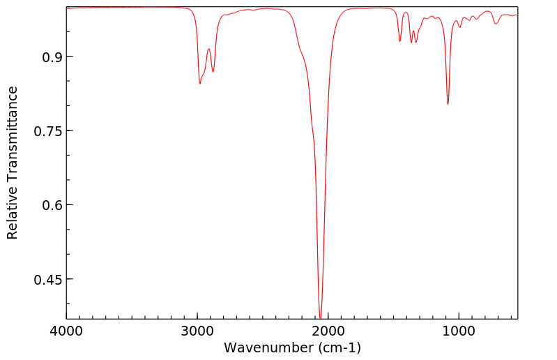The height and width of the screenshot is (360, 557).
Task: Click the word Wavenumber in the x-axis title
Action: point(264,347)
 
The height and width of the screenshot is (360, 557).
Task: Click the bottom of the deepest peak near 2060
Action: point(320,317)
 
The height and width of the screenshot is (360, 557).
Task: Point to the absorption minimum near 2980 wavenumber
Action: point(200,84)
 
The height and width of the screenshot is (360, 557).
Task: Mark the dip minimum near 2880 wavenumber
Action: point(213,72)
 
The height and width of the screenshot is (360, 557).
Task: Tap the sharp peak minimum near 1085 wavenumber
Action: point(448,104)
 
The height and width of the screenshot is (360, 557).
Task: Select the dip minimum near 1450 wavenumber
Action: point(400,41)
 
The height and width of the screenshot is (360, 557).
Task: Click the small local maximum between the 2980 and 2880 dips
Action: point(208,49)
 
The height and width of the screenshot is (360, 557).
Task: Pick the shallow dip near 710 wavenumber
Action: point(496,24)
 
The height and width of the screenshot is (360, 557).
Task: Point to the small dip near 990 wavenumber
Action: point(460,27)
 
